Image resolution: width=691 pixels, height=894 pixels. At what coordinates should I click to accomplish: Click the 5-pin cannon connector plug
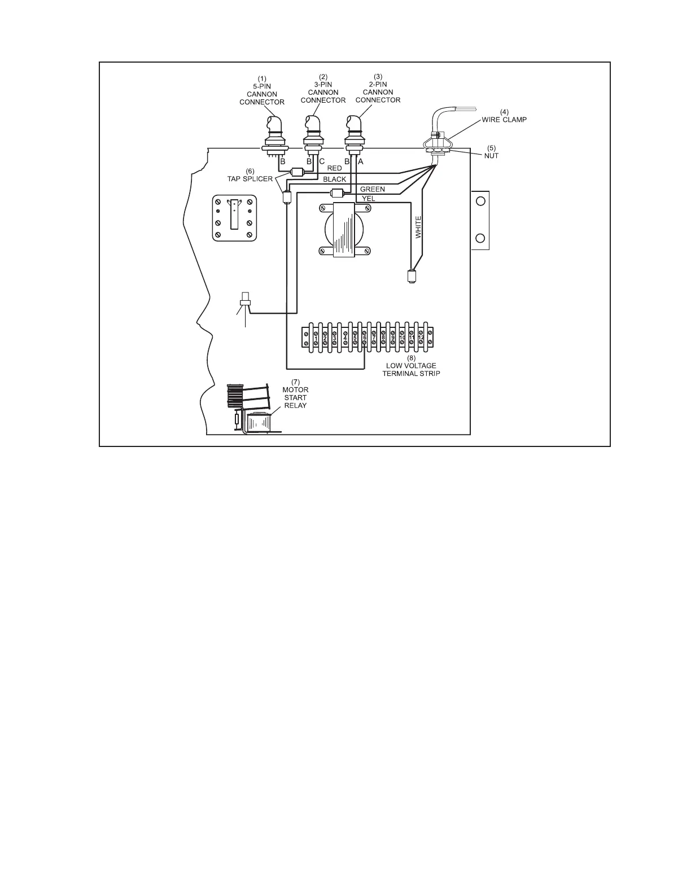coord(275,133)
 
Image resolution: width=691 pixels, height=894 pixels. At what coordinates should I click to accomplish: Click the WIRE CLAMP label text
coord(504,120)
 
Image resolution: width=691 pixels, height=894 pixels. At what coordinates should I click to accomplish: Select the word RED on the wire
coord(335,168)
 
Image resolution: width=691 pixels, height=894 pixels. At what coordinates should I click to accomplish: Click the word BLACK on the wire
coord(334,179)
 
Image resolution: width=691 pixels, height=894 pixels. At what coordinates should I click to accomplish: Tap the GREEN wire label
coord(373,190)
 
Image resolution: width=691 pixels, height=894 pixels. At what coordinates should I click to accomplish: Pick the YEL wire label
coord(368,198)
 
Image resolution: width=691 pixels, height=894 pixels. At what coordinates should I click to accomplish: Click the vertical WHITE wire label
coord(418,226)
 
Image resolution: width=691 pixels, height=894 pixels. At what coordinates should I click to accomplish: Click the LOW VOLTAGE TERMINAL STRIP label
coord(411,370)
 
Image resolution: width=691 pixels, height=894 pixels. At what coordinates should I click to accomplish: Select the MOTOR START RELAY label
coord(295,397)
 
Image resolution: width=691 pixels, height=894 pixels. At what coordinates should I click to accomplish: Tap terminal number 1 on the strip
coord(316,338)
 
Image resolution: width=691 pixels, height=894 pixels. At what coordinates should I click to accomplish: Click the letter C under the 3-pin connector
coord(322,161)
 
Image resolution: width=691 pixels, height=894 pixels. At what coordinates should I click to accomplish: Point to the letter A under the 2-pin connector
coord(361,161)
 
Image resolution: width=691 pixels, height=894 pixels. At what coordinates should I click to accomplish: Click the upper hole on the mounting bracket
coord(480,201)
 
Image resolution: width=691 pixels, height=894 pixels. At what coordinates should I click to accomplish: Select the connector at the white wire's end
coord(411,277)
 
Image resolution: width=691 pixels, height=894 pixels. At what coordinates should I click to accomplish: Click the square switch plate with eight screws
coord(234,218)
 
